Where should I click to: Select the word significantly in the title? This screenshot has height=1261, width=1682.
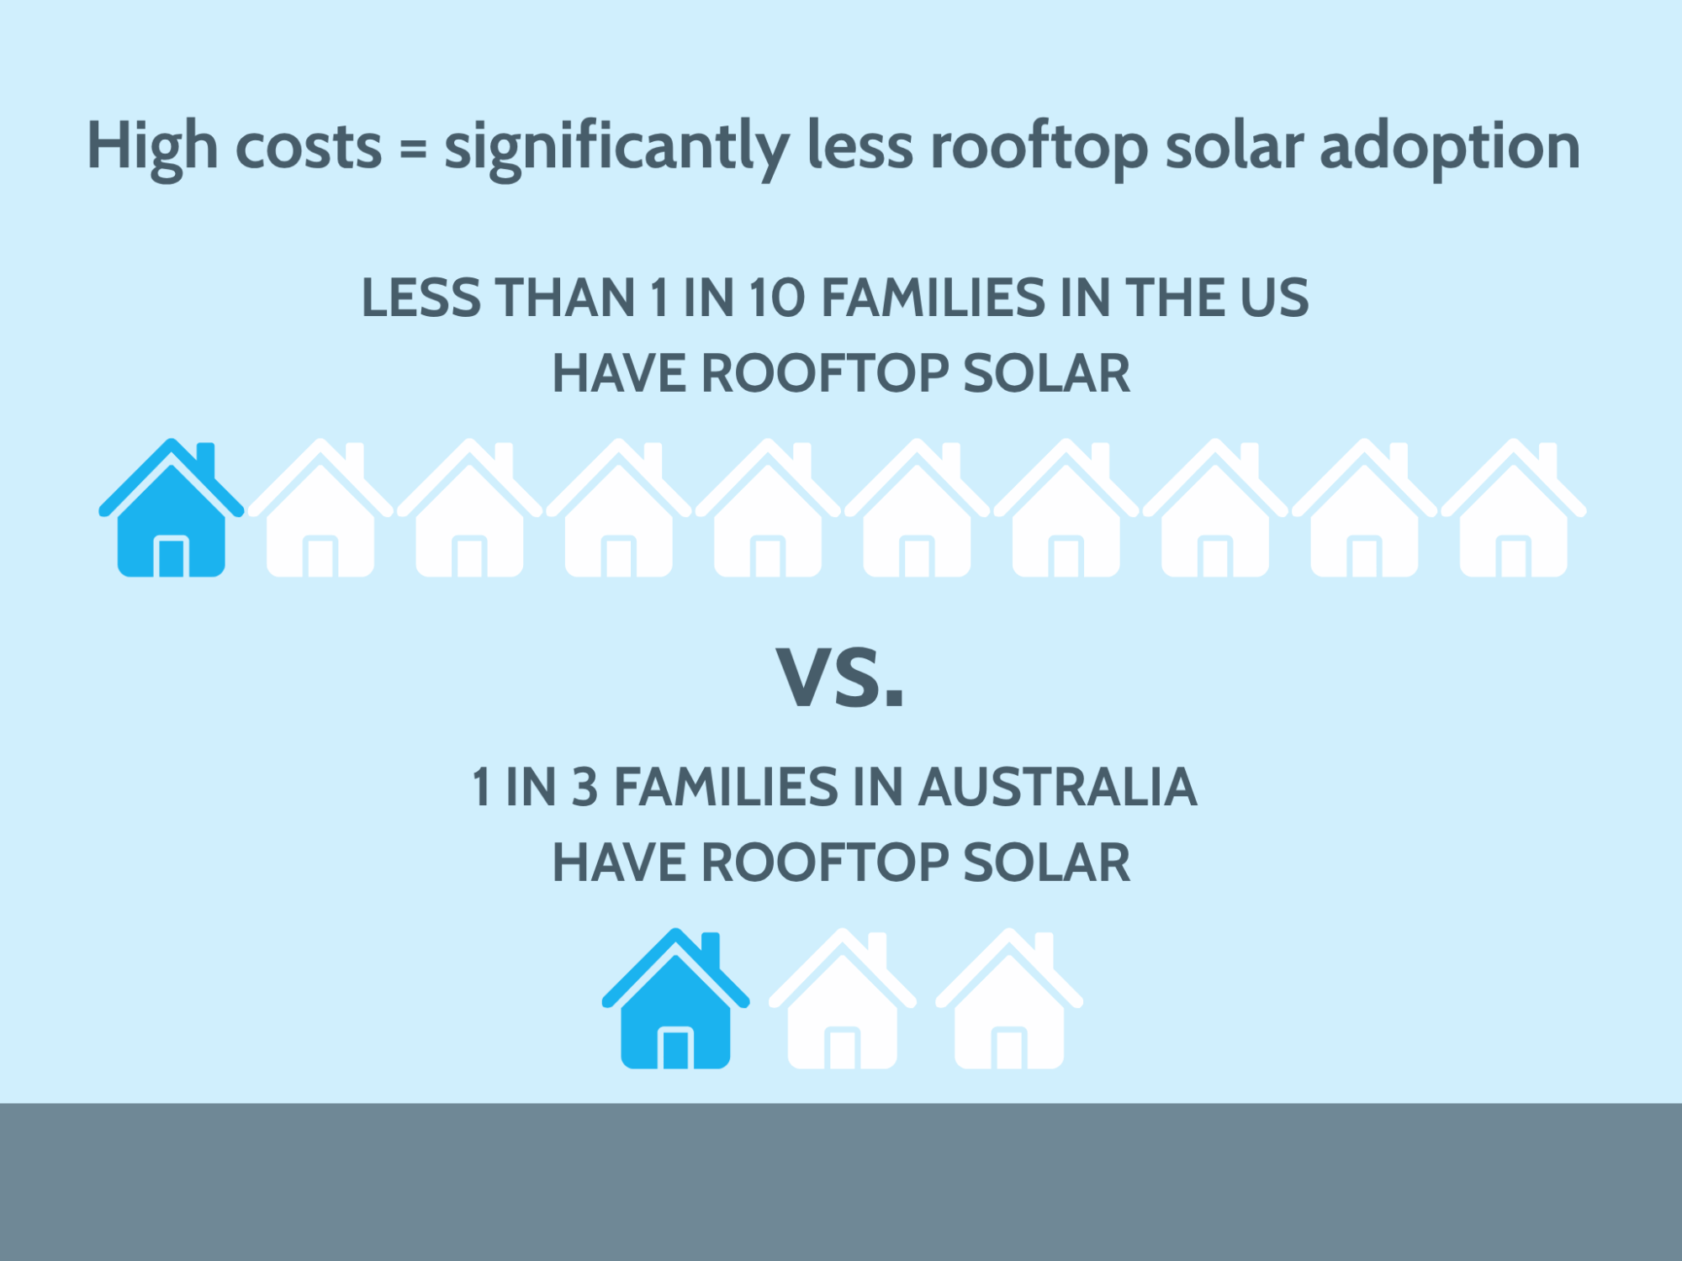(x=616, y=148)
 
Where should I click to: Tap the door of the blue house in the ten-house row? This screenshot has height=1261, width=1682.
(x=172, y=557)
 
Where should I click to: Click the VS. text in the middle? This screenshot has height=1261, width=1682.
(x=840, y=677)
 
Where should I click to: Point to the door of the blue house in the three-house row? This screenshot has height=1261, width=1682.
(x=675, y=1048)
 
